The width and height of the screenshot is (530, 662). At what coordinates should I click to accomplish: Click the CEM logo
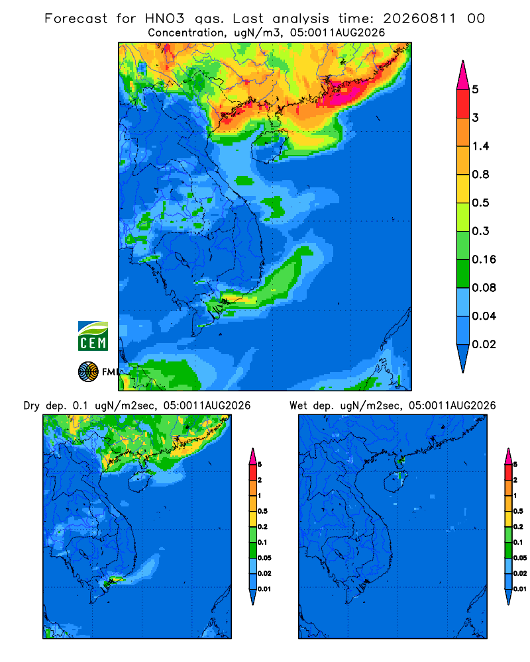(93, 336)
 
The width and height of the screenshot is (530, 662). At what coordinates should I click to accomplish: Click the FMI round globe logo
(88, 372)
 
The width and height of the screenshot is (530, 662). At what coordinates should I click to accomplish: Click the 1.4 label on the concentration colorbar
(480, 146)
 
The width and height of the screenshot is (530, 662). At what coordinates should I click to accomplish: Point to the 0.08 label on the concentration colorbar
(484, 287)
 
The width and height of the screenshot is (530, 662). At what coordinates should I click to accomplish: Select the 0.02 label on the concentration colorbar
(484, 344)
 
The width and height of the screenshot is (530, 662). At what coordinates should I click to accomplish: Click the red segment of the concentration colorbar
(463, 104)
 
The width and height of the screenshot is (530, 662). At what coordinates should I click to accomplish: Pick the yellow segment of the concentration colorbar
(463, 189)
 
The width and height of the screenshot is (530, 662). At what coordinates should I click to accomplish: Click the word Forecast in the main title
(76, 19)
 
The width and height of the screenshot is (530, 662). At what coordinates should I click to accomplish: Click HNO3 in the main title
(165, 19)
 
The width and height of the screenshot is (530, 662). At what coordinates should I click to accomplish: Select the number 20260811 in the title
(419, 19)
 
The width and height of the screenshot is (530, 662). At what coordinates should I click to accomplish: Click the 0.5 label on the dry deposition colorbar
(262, 511)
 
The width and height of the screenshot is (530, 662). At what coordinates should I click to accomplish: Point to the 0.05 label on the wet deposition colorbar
(520, 557)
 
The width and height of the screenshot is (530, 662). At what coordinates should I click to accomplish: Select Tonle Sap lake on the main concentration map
(182, 260)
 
